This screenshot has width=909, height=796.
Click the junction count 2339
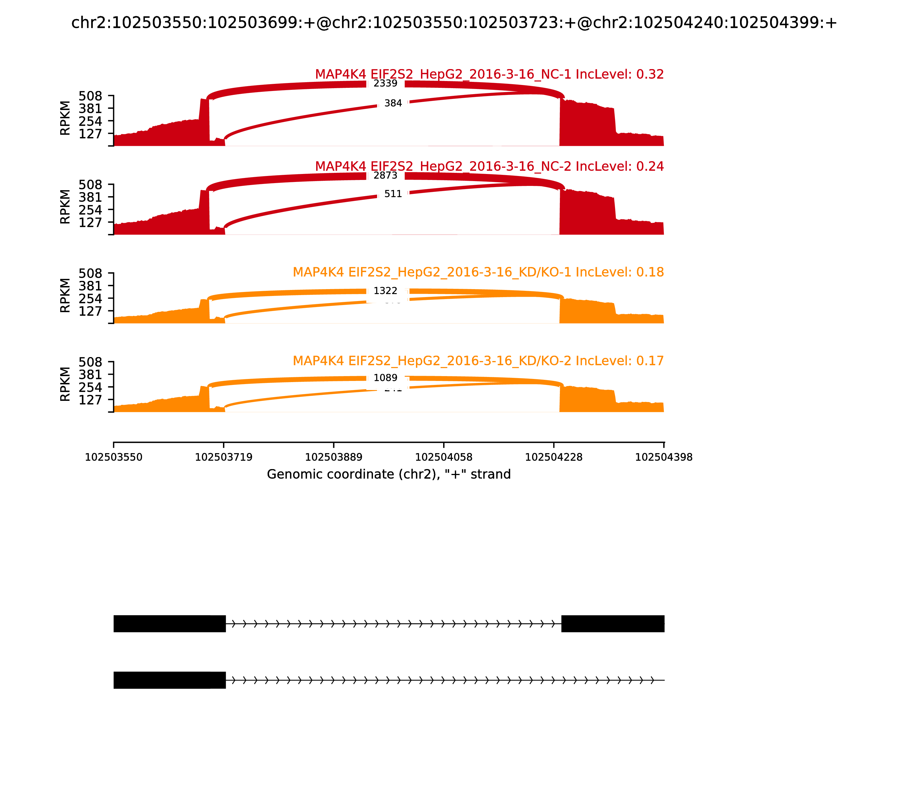tap(385, 84)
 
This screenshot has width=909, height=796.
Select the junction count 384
tap(393, 103)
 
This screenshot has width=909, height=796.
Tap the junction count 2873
tap(385, 175)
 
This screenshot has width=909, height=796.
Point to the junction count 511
tap(393, 194)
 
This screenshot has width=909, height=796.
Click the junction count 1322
tap(385, 291)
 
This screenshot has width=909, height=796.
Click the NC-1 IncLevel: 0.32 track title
tap(489, 74)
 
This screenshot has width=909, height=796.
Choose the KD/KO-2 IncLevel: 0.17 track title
tap(478, 361)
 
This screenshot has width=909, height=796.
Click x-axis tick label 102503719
tap(224, 457)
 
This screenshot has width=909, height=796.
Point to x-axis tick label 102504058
tap(443, 457)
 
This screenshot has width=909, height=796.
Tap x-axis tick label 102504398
tap(664, 457)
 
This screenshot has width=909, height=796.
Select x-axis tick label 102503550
tap(114, 457)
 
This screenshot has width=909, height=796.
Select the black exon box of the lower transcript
tap(170, 680)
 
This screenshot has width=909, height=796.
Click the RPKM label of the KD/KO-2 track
tap(65, 384)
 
